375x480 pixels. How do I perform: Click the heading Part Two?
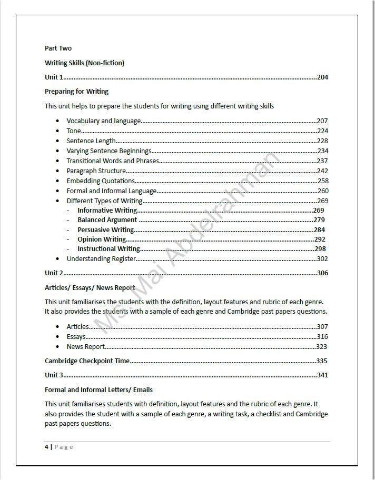coord(58,48)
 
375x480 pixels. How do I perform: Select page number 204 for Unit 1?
coord(322,77)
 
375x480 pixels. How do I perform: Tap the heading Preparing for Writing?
coord(76,92)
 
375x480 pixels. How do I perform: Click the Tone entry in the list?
coord(74,131)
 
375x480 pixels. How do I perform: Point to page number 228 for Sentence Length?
coord(322,141)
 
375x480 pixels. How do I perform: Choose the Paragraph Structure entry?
coord(96,171)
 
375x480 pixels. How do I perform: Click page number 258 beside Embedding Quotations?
coord(322,181)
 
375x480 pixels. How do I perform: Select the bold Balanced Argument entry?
coord(107,220)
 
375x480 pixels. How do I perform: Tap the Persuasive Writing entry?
coord(105,229)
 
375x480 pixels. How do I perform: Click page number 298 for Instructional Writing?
coord(320,249)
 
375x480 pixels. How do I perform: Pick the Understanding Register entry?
coord(101,259)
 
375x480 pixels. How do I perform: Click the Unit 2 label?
coord(54,273)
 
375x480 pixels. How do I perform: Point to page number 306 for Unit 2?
coord(322,273)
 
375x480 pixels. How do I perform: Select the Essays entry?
coord(76,337)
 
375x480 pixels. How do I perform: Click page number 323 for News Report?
coord(321,347)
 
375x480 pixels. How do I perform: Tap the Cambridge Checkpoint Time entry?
coord(87,361)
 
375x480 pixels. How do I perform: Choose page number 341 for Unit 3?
coord(322,375)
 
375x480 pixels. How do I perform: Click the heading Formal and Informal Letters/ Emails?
coord(98,390)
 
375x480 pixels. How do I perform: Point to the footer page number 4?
coord(46,447)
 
